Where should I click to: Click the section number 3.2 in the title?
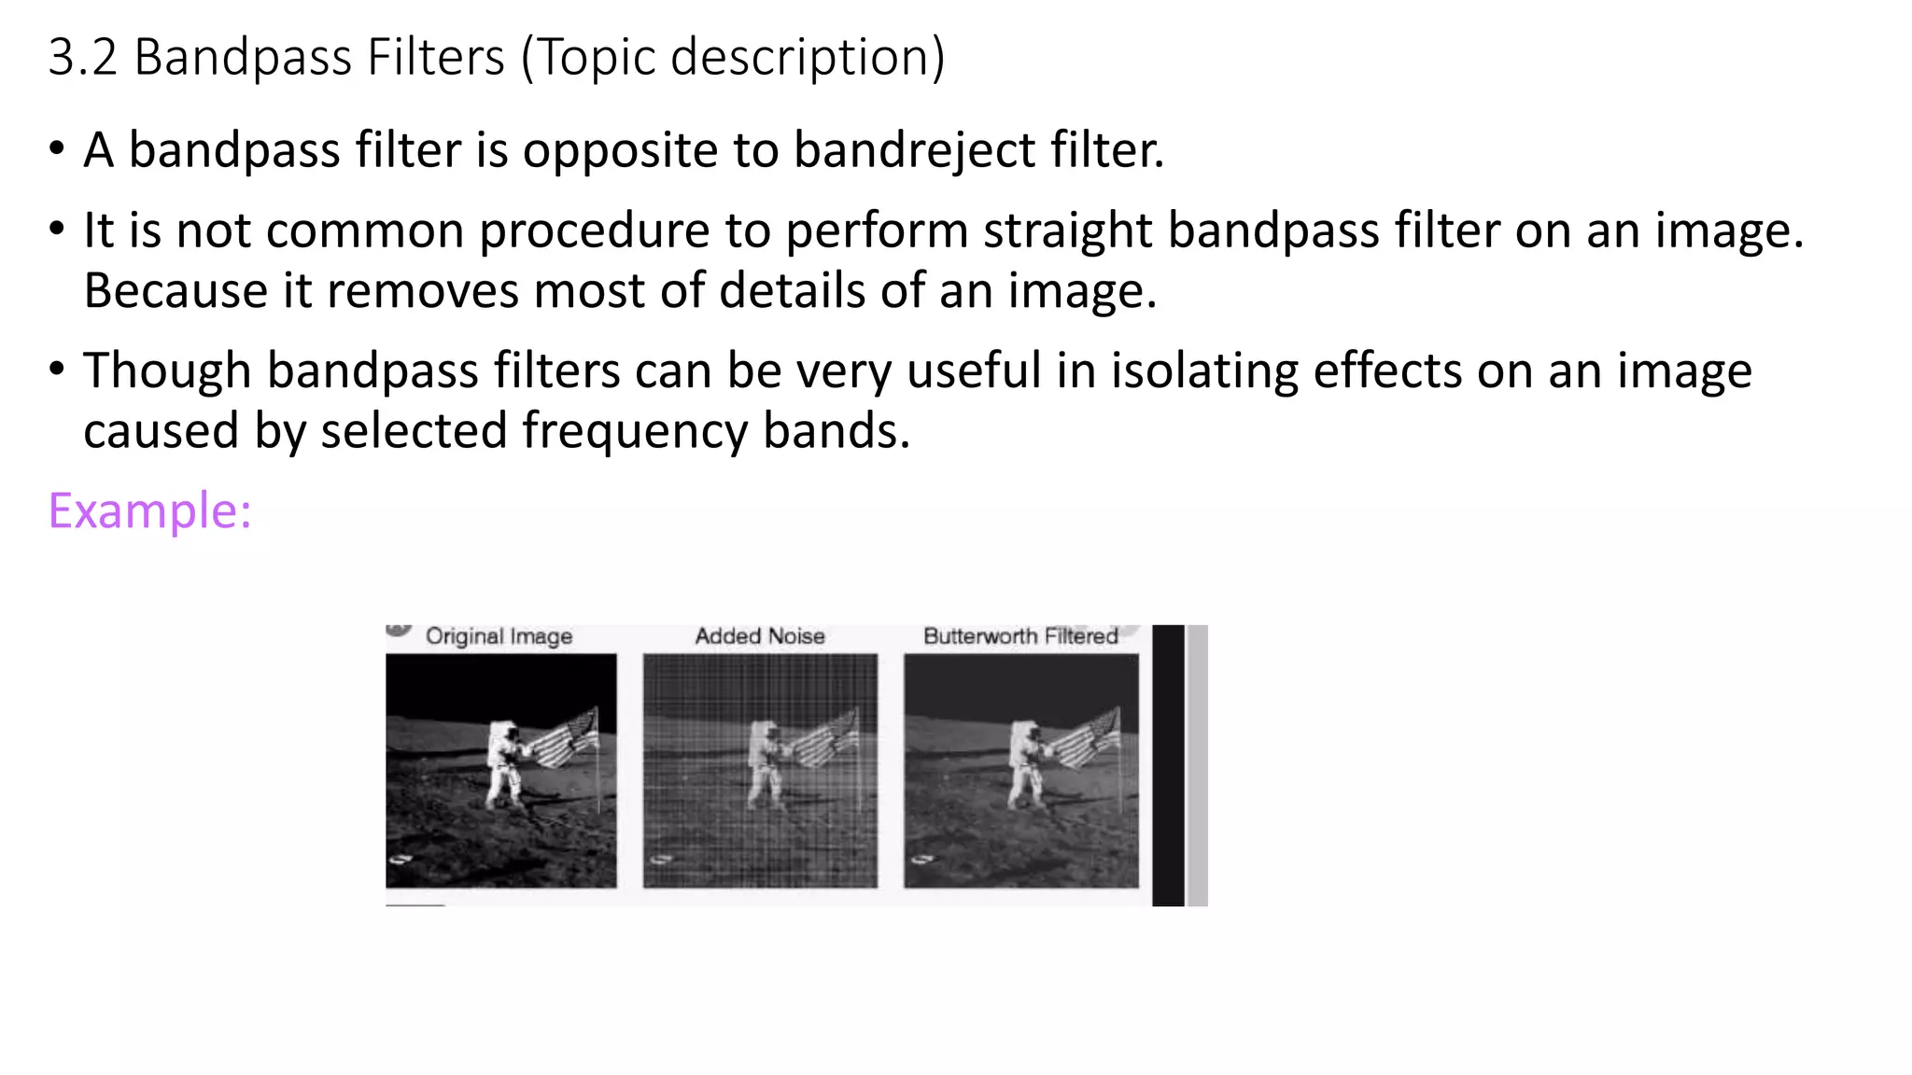(x=82, y=57)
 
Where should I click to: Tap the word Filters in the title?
(x=436, y=57)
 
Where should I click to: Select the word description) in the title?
(x=808, y=57)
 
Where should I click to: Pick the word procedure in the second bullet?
(x=594, y=230)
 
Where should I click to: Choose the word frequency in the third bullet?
(x=634, y=431)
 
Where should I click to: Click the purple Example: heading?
(x=149, y=511)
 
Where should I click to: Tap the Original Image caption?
(x=499, y=636)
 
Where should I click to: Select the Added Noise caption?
(x=760, y=636)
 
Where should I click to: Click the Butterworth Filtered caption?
(x=1020, y=636)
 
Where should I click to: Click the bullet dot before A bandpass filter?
(x=58, y=150)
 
